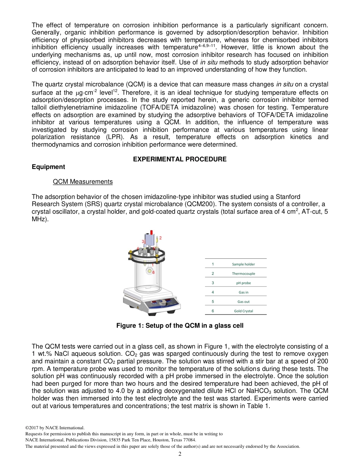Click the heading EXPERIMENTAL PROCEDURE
click(x=180, y=159)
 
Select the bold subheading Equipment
click(x=48, y=167)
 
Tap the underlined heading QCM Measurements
click(x=83, y=182)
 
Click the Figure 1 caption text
click(x=180, y=325)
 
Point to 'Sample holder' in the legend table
click(x=243, y=264)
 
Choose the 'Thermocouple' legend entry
click(x=243, y=274)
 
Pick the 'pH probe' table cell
click(x=243, y=283)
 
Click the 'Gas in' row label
click(x=243, y=292)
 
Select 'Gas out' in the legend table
click(x=243, y=302)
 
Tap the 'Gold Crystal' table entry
click(x=243, y=311)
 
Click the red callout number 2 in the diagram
click(x=160, y=238)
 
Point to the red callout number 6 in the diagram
click(x=153, y=272)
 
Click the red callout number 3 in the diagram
click(x=143, y=241)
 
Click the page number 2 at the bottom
click(x=180, y=454)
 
